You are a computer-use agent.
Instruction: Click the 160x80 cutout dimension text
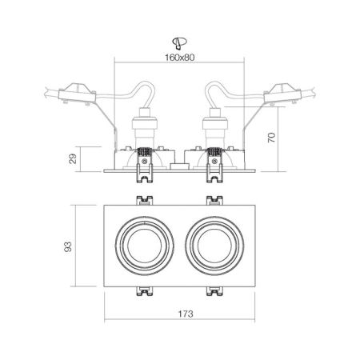point(179,57)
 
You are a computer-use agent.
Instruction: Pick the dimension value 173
point(179,314)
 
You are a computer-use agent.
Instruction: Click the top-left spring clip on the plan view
point(145,199)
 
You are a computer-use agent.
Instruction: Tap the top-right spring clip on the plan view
point(214,199)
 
